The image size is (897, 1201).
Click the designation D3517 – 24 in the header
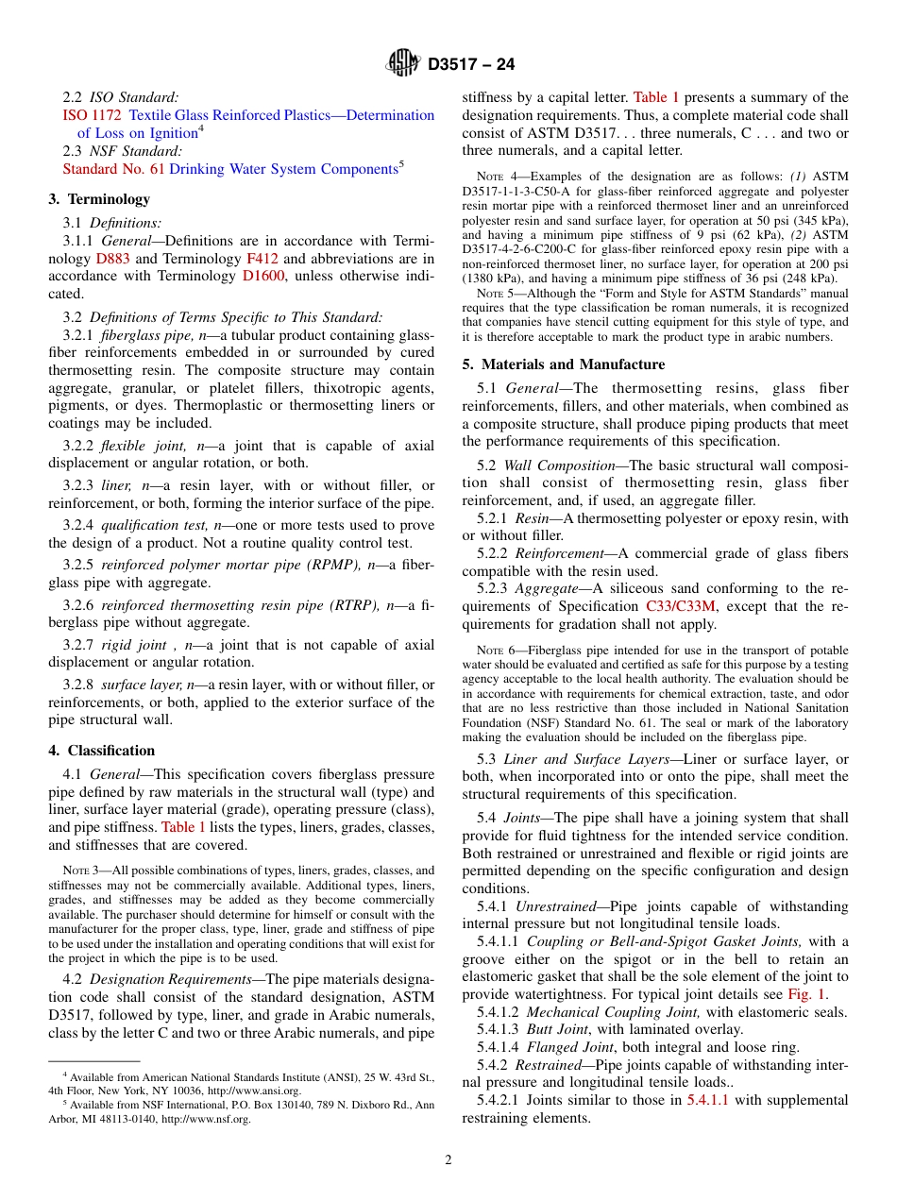pos(471,65)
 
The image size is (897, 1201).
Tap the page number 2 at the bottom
pos(448,1160)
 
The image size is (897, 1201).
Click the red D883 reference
pos(108,259)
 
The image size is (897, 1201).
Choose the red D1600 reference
pos(263,277)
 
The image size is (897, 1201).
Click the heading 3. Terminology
pos(99,199)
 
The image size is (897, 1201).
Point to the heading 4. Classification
pos(101,751)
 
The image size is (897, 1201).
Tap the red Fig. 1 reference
pos(807,994)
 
